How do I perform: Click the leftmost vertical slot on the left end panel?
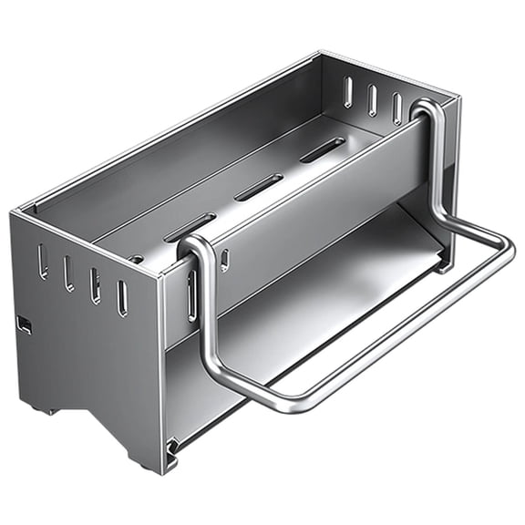point(42,262)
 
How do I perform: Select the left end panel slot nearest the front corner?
point(122,298)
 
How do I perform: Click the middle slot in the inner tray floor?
point(259,187)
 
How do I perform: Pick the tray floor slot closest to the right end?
point(322,149)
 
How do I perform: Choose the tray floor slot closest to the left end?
point(190,228)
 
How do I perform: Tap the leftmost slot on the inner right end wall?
point(347,91)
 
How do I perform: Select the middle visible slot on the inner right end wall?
point(372,99)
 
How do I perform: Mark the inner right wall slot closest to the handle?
point(396,108)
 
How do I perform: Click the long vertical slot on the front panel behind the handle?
point(191,294)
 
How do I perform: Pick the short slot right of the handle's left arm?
point(224,261)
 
